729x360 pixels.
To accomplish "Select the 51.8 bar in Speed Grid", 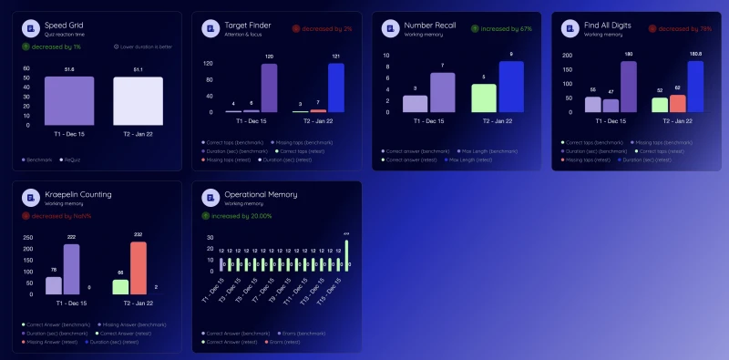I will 69,95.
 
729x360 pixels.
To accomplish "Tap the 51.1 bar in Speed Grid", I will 138,95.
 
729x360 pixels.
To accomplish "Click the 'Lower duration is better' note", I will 146,46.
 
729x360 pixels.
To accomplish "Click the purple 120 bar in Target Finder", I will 270,88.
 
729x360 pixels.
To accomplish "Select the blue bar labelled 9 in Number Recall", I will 511,87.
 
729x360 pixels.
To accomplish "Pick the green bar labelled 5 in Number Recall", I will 484,98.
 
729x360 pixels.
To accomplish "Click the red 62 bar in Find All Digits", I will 678,103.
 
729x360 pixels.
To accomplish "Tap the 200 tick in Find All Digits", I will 568,55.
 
